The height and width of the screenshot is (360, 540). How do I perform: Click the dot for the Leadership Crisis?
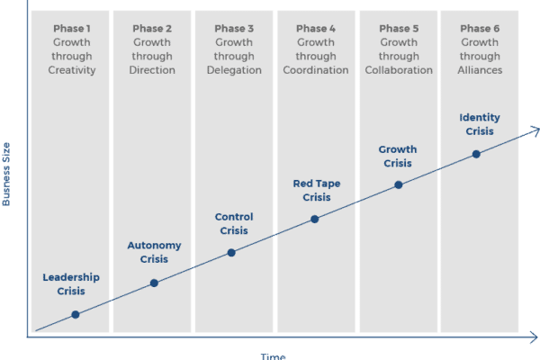[76, 314]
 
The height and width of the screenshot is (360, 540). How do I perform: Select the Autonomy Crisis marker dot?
[154, 283]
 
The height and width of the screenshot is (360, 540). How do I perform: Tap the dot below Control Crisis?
[231, 253]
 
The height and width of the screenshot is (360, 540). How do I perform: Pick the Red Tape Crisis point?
[314, 219]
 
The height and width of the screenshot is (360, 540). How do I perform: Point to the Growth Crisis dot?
[399, 185]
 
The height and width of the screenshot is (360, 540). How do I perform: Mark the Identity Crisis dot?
[476, 154]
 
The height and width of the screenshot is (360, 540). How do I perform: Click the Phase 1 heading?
[72, 29]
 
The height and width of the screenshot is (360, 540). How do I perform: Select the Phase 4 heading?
[316, 29]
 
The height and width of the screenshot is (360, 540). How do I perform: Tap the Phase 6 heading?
[480, 29]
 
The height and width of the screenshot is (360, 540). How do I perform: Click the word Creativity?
[72, 70]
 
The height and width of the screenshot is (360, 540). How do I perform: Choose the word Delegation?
[234, 70]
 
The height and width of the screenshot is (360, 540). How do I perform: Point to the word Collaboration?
[399, 70]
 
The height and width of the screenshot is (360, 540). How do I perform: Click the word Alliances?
[480, 70]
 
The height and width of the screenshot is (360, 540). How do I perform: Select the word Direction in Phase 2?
[152, 70]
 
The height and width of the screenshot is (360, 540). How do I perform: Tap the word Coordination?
[316, 70]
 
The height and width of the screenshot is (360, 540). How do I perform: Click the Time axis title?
[273, 356]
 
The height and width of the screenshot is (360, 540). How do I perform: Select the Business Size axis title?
[6, 175]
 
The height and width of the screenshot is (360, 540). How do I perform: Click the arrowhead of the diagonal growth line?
[535, 130]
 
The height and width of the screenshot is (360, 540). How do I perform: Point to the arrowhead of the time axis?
[534, 337]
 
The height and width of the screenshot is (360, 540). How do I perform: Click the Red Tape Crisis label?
[317, 191]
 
